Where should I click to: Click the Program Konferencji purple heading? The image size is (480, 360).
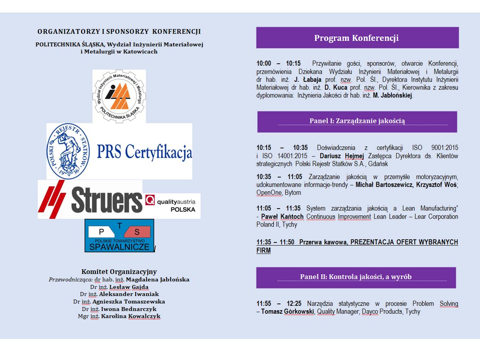pyautogui.click(x=356, y=38)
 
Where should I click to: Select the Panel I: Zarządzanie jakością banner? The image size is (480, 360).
pyautogui.click(x=357, y=121)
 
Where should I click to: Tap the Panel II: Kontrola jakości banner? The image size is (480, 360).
pyautogui.click(x=356, y=277)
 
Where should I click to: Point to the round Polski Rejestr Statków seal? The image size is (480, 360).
pyautogui.click(x=69, y=151)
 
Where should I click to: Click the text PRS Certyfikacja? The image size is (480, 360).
pyautogui.click(x=144, y=152)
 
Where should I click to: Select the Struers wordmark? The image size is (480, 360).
pyautogui.click(x=106, y=200)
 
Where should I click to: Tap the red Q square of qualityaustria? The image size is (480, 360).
pyautogui.click(x=150, y=200)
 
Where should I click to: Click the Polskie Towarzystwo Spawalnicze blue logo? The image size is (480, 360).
pyautogui.click(x=119, y=235)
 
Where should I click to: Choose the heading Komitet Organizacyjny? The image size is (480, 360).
pyautogui.click(x=119, y=272)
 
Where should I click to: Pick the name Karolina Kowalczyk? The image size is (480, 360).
pyautogui.click(x=131, y=316)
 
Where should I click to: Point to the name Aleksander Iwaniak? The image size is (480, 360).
pyautogui.click(x=129, y=294)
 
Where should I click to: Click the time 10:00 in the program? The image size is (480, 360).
pyautogui.click(x=264, y=64)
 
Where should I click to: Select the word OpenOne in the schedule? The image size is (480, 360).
pyautogui.click(x=269, y=193)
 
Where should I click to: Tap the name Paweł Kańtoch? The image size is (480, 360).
pyautogui.click(x=282, y=217)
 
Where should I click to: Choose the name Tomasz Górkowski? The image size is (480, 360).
pyautogui.click(x=287, y=312)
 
